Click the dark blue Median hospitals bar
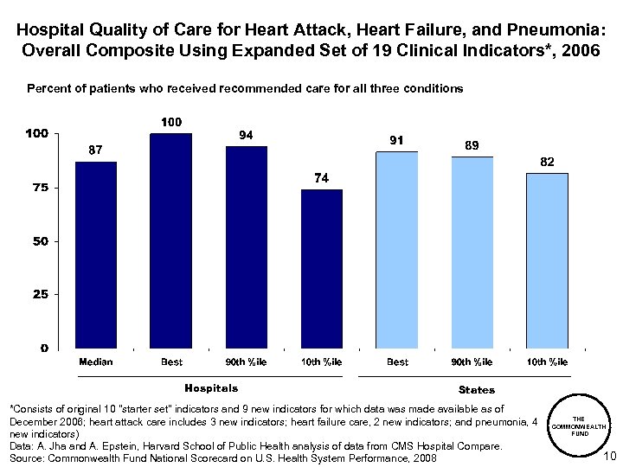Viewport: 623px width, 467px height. tap(95, 254)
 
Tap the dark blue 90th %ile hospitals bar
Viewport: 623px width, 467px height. tap(247, 246)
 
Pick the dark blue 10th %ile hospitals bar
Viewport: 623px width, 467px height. tap(321, 268)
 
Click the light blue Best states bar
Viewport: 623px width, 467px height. tap(397, 250)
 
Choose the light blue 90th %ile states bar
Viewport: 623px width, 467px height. tap(472, 252)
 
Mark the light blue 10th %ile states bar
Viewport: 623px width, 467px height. tap(547, 260)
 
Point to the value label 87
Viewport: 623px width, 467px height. tap(95, 150)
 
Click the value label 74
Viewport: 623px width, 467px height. tap(321, 178)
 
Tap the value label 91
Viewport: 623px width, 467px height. tap(397, 140)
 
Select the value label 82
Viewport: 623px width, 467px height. tap(547, 162)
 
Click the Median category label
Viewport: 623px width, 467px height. tap(95, 361)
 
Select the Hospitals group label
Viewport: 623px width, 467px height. tap(211, 388)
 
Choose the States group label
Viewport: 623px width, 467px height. tap(477, 390)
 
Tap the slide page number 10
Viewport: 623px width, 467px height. tap(607, 456)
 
